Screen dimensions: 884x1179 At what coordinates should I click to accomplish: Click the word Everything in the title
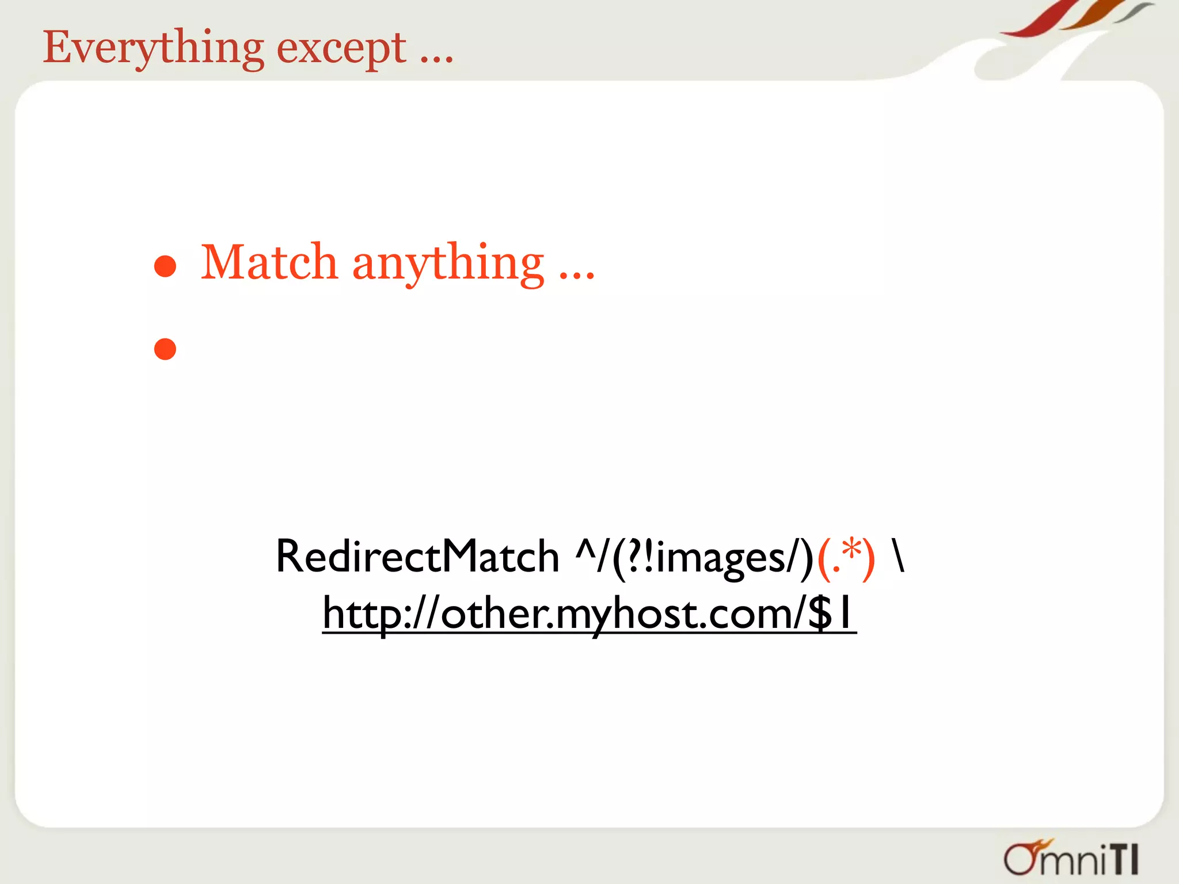click(153, 48)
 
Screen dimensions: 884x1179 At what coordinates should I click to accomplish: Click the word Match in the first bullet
click(269, 262)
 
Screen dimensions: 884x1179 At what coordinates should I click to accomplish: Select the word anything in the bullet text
click(448, 264)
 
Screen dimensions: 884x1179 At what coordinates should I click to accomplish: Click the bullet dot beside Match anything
click(165, 266)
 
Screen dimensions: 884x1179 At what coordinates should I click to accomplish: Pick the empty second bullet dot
click(165, 349)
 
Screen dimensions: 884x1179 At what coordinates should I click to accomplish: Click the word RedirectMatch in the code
click(417, 557)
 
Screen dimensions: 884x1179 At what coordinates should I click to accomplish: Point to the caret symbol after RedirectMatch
click(585, 550)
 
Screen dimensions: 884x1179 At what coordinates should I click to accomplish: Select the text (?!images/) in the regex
click(713, 557)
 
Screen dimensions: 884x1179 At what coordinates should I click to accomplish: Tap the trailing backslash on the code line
click(898, 555)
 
